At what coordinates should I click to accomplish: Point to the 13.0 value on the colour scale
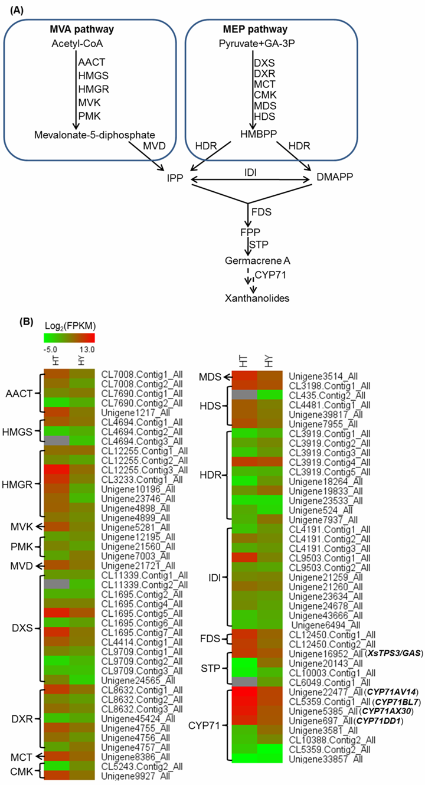[89, 349]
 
